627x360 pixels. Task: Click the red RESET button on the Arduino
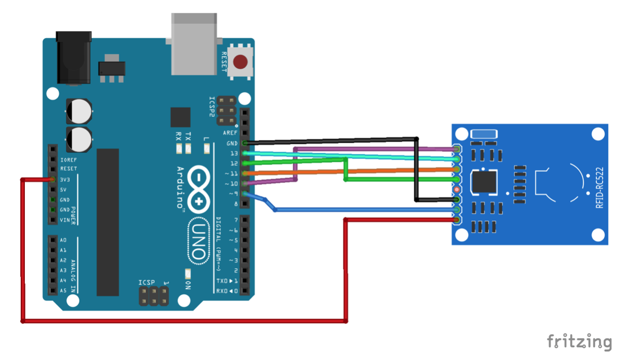[241, 63]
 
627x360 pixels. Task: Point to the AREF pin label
[231, 133]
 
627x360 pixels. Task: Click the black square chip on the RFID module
[485, 183]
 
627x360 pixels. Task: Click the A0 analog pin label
[64, 240]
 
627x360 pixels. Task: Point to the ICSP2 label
[211, 107]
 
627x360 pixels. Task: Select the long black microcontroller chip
[108, 222]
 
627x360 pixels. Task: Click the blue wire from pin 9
[360, 210]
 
